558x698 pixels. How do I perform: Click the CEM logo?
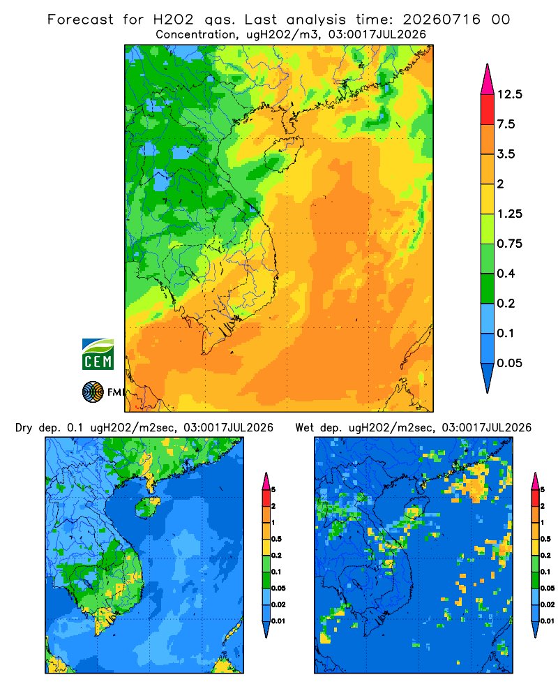coord(98,354)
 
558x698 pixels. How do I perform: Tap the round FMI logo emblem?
coord(93,392)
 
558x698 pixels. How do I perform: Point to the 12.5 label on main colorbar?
coord(509,94)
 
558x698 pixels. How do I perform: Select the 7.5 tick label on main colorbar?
coord(506,124)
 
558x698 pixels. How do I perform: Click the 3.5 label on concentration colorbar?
coord(506,154)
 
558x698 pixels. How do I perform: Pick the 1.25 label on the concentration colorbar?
coord(509,214)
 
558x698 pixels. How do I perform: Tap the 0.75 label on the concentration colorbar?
coord(509,244)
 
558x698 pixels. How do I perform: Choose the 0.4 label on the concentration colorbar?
coord(506,274)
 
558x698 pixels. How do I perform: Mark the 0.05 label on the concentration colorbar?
coord(509,363)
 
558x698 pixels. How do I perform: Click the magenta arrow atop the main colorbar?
coord(488,80)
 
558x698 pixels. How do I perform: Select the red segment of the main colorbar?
coord(488,110)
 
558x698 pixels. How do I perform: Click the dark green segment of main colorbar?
coord(488,288)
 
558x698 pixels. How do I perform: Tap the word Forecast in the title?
coord(80,20)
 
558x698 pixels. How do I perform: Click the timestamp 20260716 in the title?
coord(442,20)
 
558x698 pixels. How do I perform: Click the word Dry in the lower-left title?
coord(24,428)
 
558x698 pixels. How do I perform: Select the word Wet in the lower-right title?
coord(305,428)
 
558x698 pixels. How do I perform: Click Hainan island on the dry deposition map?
coord(147,507)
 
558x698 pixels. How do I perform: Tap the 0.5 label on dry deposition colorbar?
coord(276,539)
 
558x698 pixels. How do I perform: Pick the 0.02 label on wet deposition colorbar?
coord(548,604)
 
